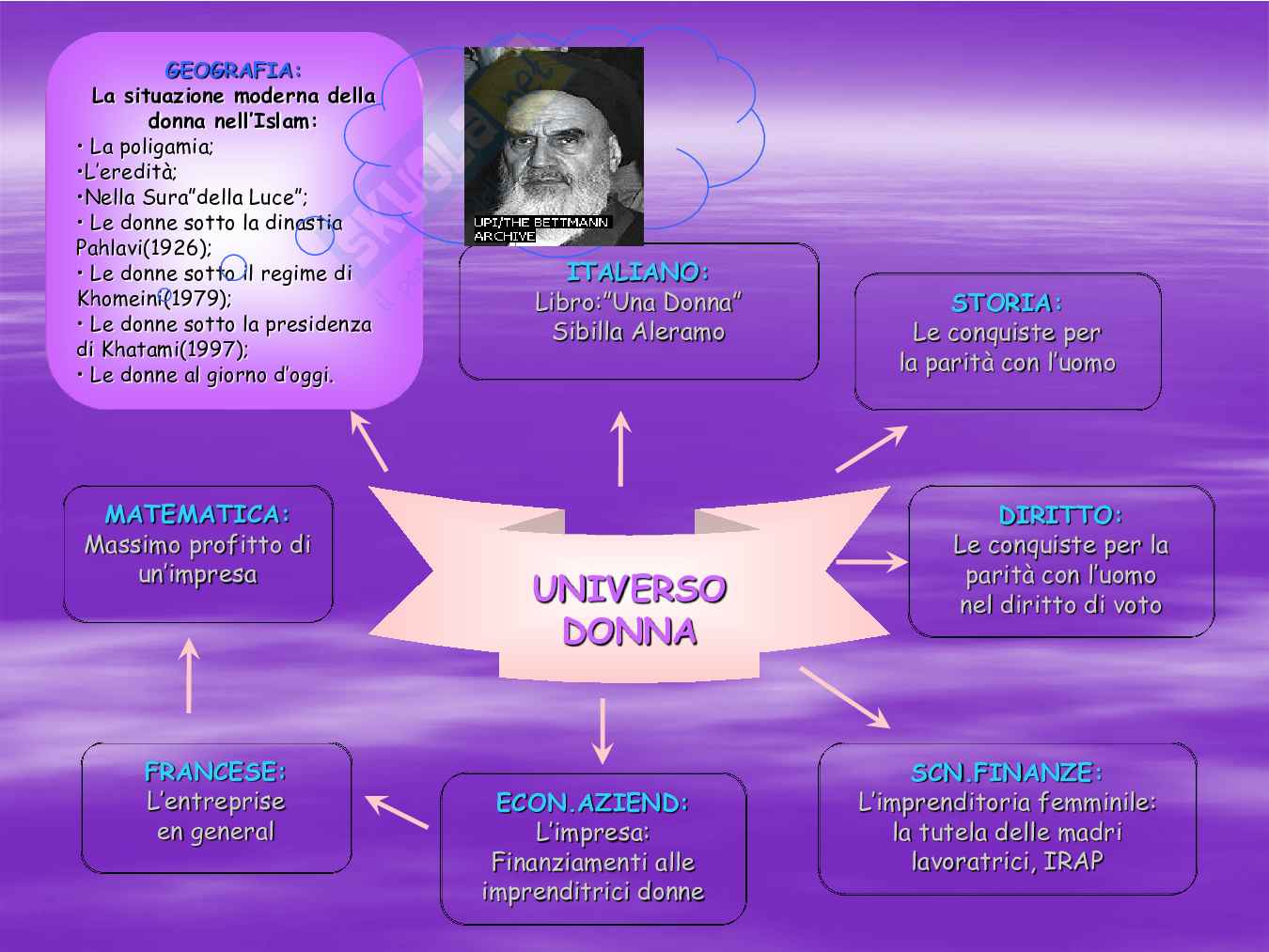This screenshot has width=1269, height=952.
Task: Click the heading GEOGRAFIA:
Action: tap(233, 70)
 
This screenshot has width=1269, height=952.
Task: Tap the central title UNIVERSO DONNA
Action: tap(629, 610)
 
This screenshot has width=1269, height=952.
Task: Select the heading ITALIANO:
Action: tap(637, 273)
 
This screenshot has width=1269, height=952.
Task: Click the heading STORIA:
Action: tap(1007, 303)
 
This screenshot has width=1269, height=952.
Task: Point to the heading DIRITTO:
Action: tap(1060, 515)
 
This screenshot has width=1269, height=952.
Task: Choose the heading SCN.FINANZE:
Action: tap(1007, 773)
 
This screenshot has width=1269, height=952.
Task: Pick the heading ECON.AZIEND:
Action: tap(592, 803)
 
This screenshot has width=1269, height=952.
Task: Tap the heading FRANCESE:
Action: tap(215, 772)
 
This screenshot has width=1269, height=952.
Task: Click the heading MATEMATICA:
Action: tap(197, 514)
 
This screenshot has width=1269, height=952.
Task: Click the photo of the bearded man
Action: tap(554, 136)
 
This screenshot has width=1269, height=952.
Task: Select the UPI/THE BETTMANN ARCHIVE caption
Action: tap(541, 229)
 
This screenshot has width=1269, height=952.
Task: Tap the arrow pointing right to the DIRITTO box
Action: tap(870, 562)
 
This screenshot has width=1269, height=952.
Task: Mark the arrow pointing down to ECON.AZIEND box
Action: tap(603, 731)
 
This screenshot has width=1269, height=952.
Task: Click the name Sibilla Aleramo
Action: tap(638, 332)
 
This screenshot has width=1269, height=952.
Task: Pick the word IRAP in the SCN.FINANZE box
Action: tap(1073, 861)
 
